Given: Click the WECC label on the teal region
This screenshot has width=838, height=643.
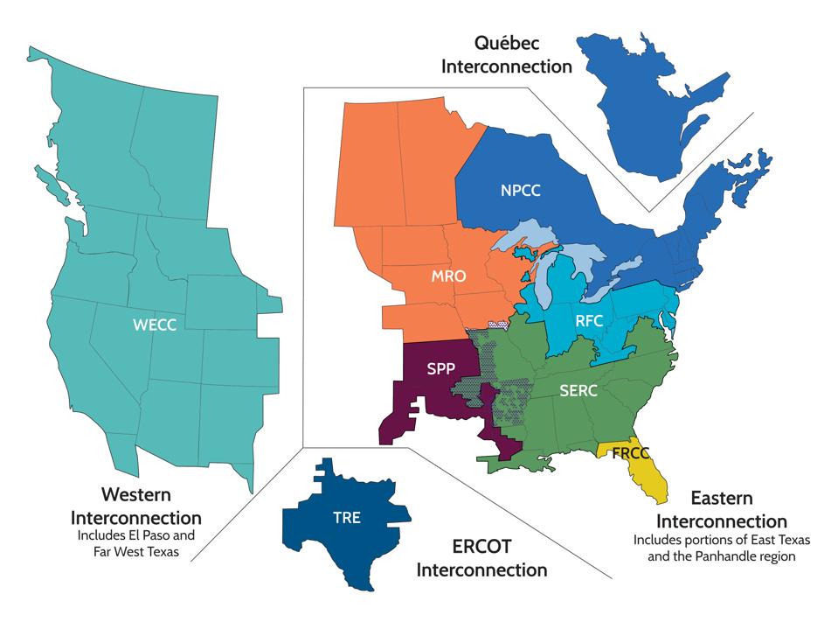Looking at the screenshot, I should [154, 325].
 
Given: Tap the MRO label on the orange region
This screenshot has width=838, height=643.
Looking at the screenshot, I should [448, 277].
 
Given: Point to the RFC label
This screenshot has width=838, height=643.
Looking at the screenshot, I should [590, 321].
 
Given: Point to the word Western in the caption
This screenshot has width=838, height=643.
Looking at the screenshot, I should [136, 495].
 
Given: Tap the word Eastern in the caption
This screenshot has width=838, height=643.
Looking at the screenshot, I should [722, 499].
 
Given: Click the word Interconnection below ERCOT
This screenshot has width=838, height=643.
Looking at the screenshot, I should [481, 571].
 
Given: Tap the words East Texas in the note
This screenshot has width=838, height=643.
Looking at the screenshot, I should [765, 540].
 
